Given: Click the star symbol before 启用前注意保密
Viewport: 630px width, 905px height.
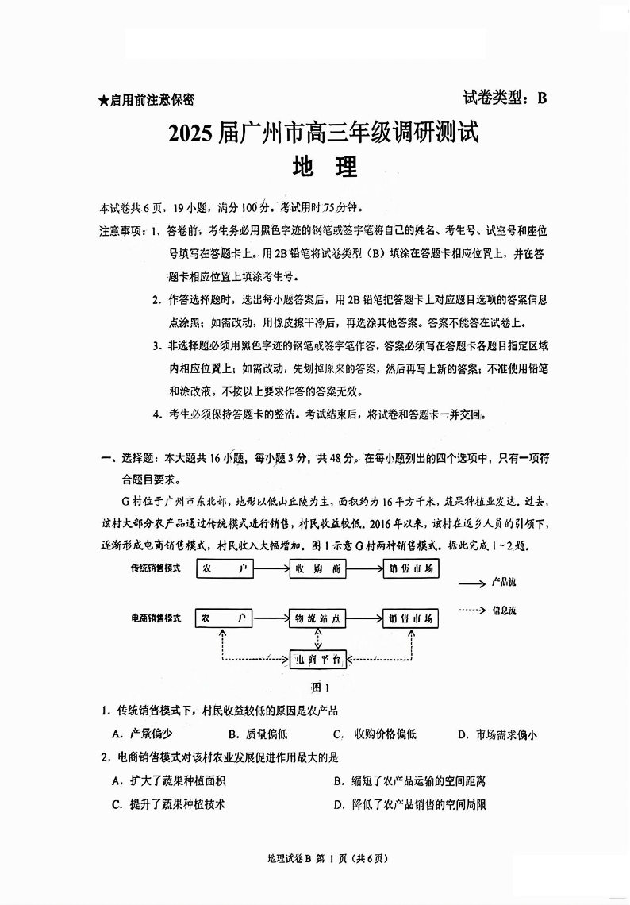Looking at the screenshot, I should [x=103, y=101].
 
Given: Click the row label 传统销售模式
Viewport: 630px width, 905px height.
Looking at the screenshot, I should [x=156, y=568].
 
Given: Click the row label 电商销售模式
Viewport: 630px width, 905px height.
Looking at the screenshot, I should [x=156, y=618].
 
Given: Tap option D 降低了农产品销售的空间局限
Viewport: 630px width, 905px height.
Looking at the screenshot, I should [x=409, y=804].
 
